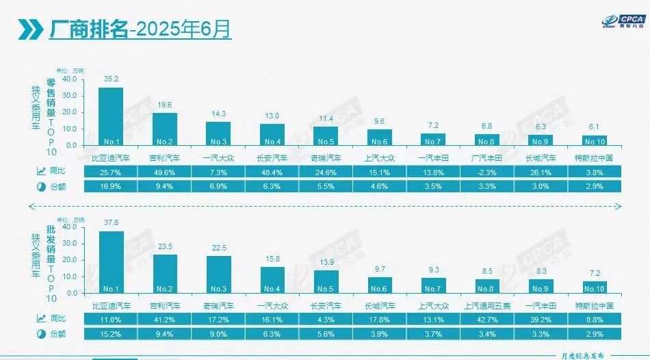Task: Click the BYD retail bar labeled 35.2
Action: point(111,116)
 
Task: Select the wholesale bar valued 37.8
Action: point(112,261)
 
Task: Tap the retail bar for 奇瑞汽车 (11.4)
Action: point(326,136)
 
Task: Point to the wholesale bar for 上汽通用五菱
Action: point(487,285)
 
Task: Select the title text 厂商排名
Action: point(88,29)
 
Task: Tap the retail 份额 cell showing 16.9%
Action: point(111,186)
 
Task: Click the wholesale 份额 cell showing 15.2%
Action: point(112,333)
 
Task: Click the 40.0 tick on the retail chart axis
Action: point(70,79)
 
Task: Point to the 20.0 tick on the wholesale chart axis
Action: point(70,259)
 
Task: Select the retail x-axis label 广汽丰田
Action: point(486,157)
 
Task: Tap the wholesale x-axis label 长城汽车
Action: point(380,303)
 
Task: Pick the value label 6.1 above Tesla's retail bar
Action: point(594,128)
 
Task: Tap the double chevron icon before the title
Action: point(28,29)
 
